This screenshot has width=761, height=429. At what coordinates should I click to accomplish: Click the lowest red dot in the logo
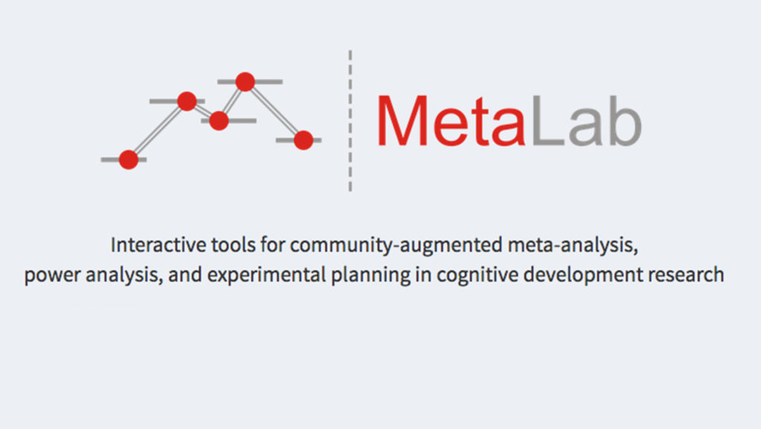click(129, 160)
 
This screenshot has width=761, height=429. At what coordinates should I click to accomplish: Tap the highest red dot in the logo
click(245, 82)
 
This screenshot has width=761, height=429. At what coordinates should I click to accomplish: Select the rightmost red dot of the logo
click(303, 141)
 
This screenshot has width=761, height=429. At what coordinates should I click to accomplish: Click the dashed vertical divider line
click(350, 121)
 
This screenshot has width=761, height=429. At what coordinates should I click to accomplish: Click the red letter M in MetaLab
click(402, 121)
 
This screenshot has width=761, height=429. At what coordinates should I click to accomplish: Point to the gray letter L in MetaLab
click(548, 121)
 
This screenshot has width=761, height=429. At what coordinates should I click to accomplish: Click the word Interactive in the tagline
click(158, 245)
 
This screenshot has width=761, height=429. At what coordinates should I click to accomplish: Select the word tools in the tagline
click(233, 245)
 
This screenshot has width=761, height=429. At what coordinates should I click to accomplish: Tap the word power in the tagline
click(53, 276)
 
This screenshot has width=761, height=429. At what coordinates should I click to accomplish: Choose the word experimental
click(267, 275)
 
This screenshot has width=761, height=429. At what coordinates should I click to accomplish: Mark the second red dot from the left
click(187, 101)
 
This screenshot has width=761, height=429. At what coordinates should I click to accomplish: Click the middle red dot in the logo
click(219, 121)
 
